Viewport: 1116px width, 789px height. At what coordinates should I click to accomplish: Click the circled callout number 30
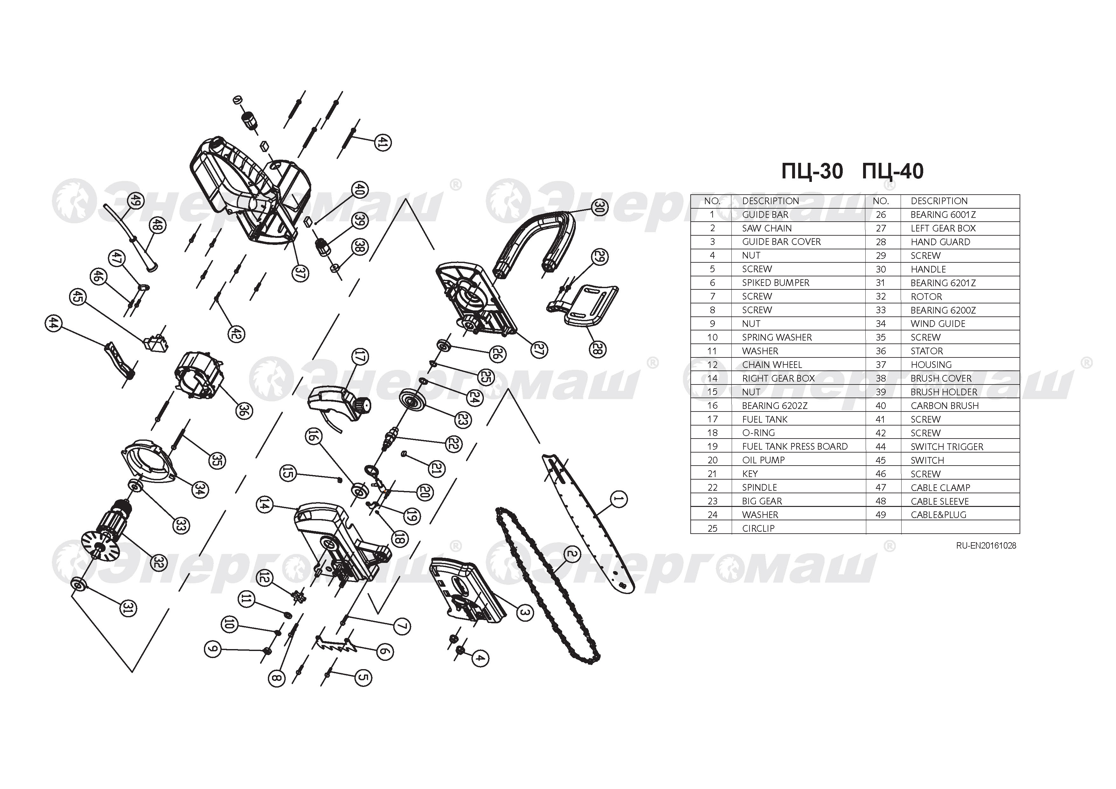(600, 207)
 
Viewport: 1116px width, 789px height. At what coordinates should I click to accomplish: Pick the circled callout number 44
(53, 323)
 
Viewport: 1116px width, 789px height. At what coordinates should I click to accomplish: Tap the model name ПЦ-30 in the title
(812, 171)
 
